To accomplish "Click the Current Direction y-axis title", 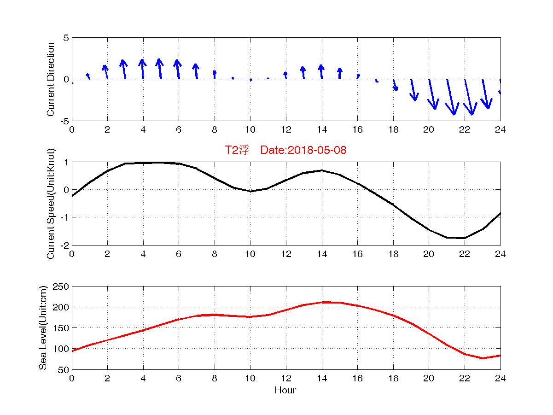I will coord(51,79).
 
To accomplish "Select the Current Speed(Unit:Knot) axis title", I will coord(51,203).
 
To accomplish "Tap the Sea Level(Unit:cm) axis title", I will coord(43,327).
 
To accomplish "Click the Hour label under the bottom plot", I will coord(285,391).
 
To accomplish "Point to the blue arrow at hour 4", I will coord(142,69).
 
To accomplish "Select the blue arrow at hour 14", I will coord(321,72).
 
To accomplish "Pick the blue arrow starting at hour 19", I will coord(413,90).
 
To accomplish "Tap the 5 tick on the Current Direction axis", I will coord(66,38).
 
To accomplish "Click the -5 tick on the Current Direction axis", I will coord(64,121).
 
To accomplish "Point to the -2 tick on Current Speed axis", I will coord(64,245).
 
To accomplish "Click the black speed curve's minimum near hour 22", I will coord(465,238).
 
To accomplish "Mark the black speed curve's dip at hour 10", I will coord(250,191).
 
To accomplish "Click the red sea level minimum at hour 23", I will coord(483,358).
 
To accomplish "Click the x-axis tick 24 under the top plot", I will coord(500,130).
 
